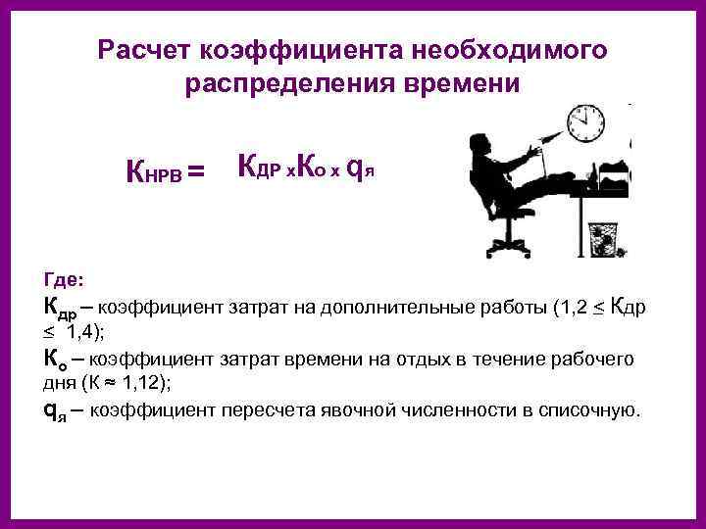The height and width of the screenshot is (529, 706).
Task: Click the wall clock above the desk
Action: [x=587, y=123]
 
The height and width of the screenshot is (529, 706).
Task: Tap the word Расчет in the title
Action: [x=144, y=49]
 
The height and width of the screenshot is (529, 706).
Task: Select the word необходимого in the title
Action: [x=511, y=49]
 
